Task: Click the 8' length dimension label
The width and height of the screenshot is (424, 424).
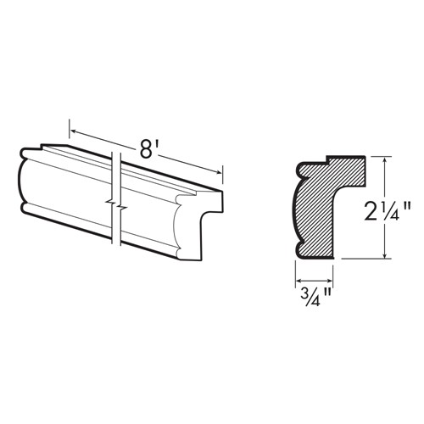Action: tap(148, 150)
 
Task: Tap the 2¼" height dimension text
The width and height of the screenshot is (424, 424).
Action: tap(387, 210)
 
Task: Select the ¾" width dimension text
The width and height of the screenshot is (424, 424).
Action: tap(314, 297)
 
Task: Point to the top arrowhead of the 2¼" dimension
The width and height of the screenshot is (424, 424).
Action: tap(384, 160)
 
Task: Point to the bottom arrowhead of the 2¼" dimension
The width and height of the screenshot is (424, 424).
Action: tap(384, 255)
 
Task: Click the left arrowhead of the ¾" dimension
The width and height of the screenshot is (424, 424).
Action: tap(298, 281)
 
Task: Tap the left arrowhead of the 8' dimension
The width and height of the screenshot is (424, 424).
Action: tap(73, 131)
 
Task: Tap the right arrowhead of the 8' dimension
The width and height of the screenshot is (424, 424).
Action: tap(219, 172)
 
